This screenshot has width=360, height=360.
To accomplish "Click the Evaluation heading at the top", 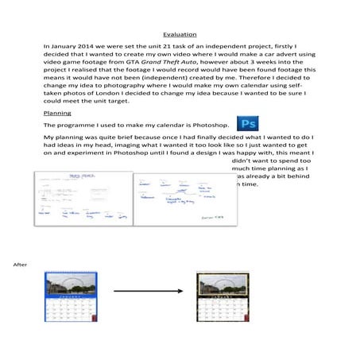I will pos(180,35).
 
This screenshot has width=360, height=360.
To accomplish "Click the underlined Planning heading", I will pos(56,114).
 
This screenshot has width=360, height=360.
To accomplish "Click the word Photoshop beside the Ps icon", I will pos(213,126).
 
